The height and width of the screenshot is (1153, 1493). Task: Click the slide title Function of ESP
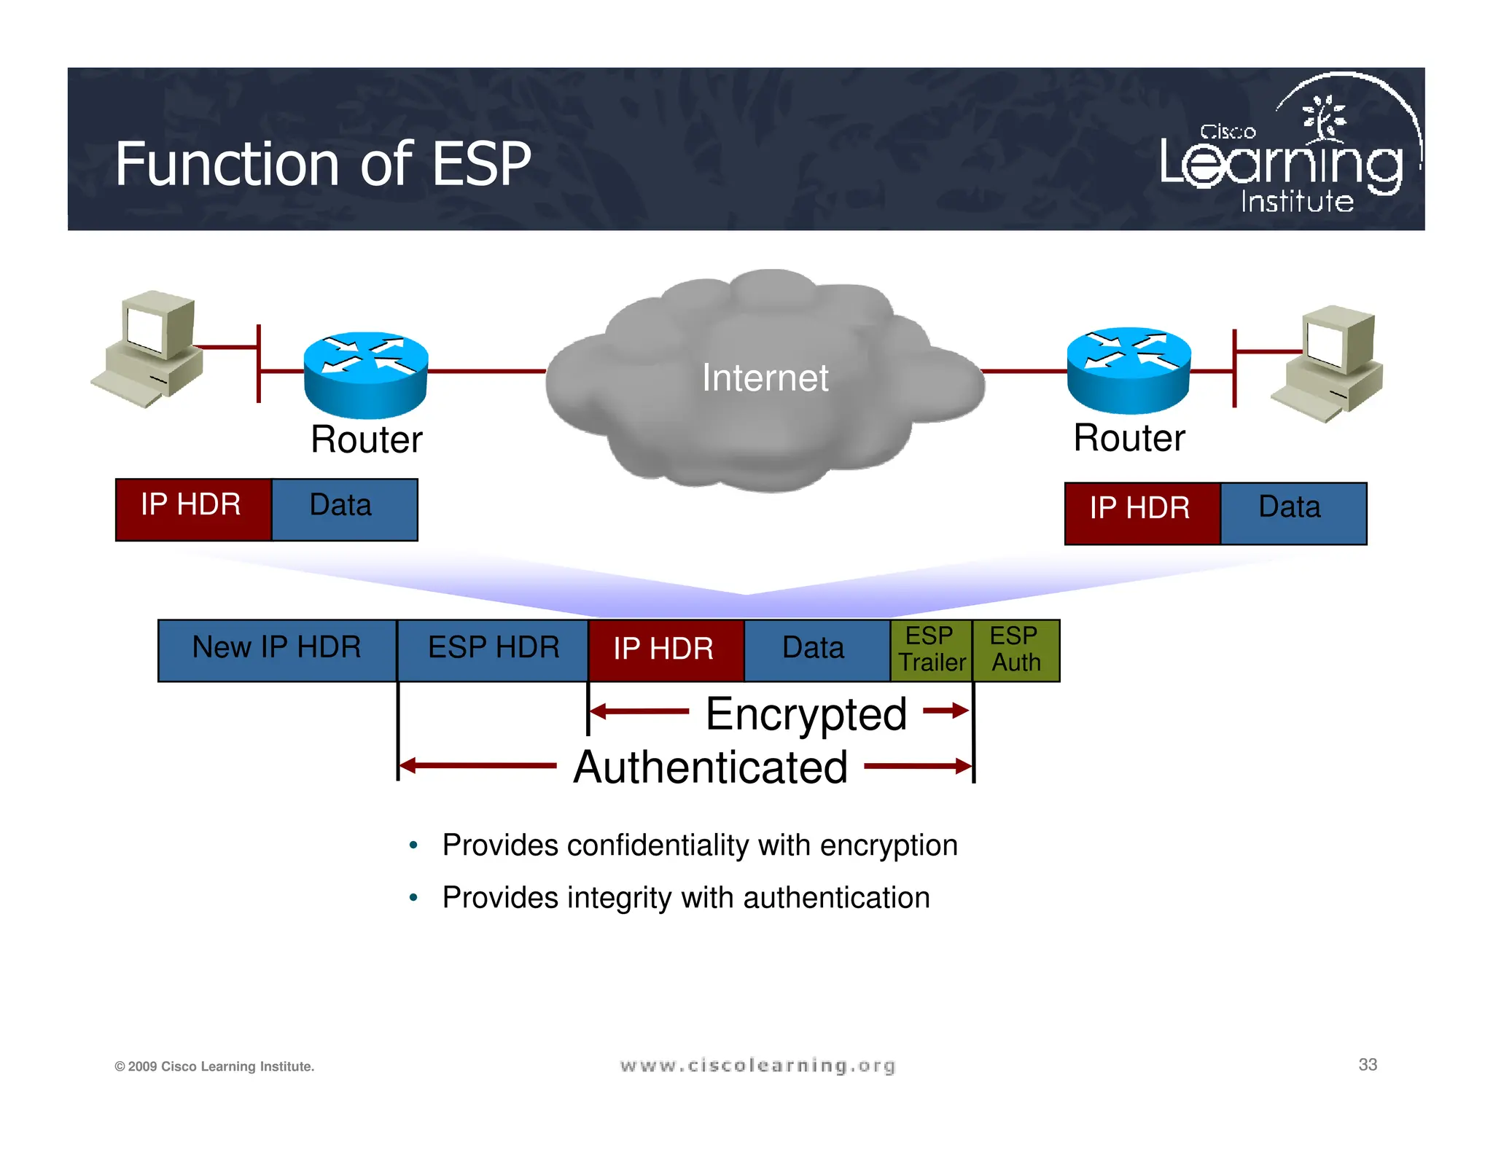323,164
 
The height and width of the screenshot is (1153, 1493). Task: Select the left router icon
365,373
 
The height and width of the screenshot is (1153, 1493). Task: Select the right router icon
1128,370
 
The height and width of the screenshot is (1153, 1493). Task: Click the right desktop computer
1331,362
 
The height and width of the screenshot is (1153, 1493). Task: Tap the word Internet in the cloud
765,378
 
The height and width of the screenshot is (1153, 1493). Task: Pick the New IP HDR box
277,649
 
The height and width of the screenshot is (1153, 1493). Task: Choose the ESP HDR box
493,649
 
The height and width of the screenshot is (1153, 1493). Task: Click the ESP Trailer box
931,649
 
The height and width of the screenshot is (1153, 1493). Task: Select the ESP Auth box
1016,649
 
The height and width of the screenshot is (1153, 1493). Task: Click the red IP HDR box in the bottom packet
664,649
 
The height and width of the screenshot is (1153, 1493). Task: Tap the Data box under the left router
343,508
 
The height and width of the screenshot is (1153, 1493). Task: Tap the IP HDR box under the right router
1141,512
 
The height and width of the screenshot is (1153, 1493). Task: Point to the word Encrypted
806,714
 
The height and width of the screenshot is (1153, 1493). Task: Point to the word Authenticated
710,767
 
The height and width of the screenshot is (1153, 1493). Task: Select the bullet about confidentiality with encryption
699,845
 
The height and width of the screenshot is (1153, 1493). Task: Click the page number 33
1368,1065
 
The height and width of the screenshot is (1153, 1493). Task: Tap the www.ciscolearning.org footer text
757,1066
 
